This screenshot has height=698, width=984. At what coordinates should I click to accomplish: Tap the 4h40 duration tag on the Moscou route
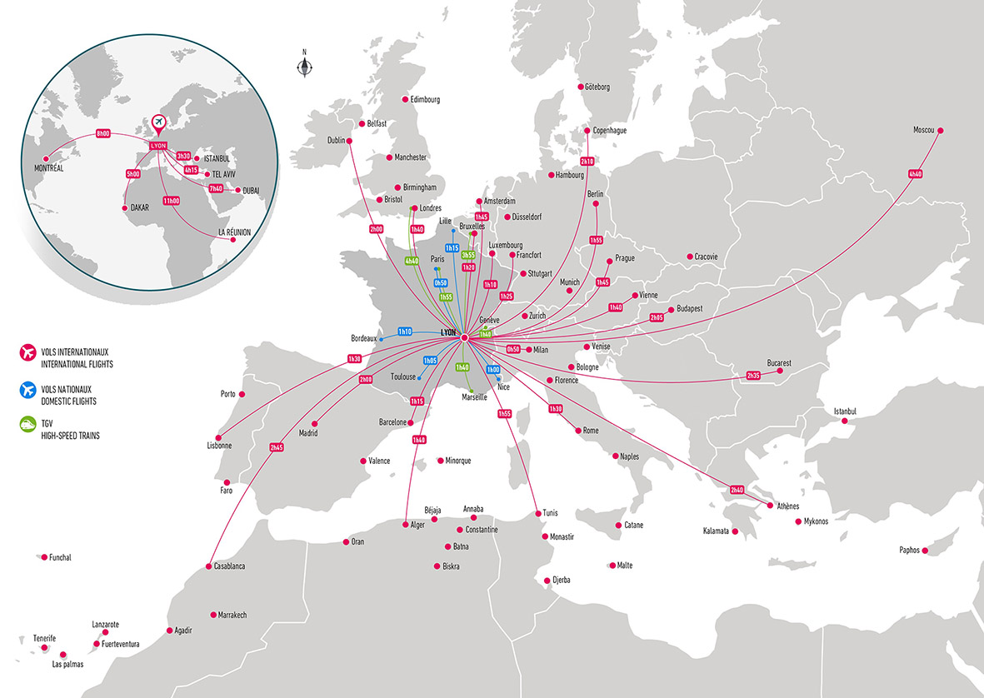click(x=916, y=174)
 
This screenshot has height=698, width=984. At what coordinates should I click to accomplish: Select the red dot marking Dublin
click(x=349, y=141)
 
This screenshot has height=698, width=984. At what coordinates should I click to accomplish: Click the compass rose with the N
click(x=304, y=67)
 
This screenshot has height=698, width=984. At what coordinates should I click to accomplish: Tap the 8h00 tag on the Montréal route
click(x=103, y=134)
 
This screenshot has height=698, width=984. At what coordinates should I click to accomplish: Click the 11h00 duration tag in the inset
click(x=172, y=201)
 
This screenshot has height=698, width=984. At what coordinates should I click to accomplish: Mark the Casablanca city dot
click(x=207, y=566)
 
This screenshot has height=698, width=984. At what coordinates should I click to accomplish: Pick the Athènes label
click(x=787, y=506)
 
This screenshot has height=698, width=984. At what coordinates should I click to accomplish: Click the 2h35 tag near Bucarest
click(x=753, y=376)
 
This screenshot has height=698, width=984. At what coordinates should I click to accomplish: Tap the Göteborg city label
click(x=597, y=87)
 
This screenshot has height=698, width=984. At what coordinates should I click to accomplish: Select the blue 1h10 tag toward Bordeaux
click(x=406, y=332)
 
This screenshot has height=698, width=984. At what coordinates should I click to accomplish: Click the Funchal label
click(x=60, y=557)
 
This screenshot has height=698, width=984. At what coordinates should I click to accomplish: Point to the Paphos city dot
click(x=927, y=550)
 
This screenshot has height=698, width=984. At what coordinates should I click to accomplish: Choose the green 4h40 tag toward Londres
click(x=412, y=262)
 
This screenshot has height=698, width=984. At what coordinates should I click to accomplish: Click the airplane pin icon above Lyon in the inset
click(x=158, y=124)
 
